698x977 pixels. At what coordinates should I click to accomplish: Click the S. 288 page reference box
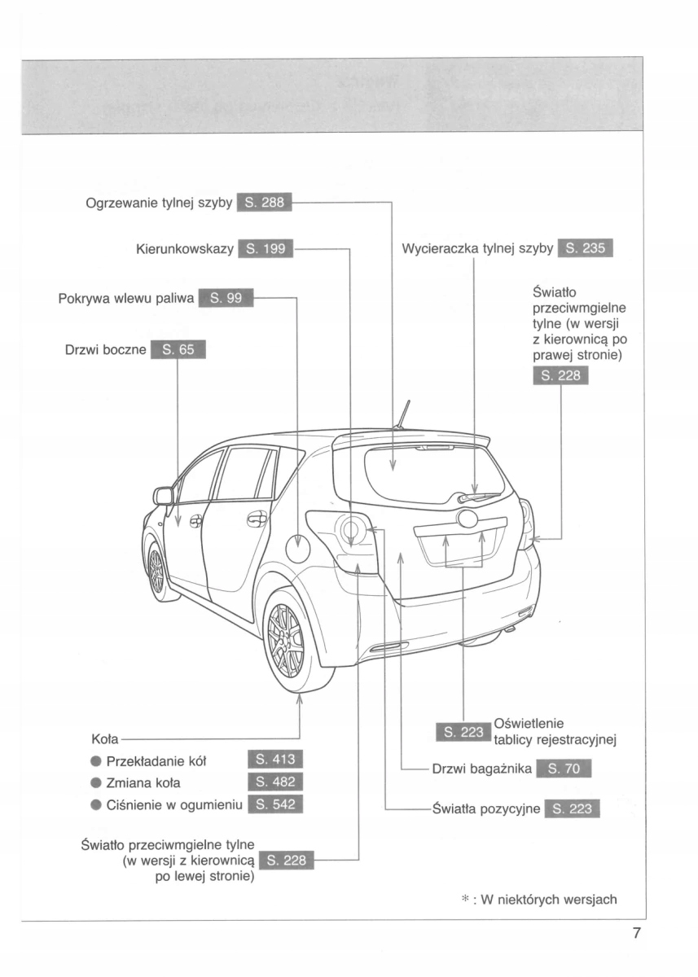pos(264,203)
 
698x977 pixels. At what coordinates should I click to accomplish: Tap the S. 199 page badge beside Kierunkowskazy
pos(265,248)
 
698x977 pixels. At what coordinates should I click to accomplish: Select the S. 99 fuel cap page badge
pos(226,298)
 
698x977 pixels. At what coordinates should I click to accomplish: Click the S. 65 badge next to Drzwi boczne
pos(178,350)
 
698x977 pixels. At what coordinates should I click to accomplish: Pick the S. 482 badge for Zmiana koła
pos(274,783)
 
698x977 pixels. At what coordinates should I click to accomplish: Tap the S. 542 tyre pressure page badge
pos(274,805)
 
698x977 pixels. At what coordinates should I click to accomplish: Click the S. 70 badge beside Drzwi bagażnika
pos(564,769)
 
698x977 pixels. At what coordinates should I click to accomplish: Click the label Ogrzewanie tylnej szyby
pos(160,203)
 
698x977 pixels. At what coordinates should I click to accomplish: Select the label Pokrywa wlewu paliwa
pos(126,298)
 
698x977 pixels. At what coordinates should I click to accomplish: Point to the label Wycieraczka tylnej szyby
pos(478,248)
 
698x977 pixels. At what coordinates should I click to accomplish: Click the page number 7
pos(636,933)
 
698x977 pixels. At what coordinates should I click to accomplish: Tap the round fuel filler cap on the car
pos(297,549)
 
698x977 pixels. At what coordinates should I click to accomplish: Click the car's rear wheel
pos(287,641)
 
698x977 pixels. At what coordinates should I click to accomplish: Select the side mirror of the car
pos(164,496)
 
